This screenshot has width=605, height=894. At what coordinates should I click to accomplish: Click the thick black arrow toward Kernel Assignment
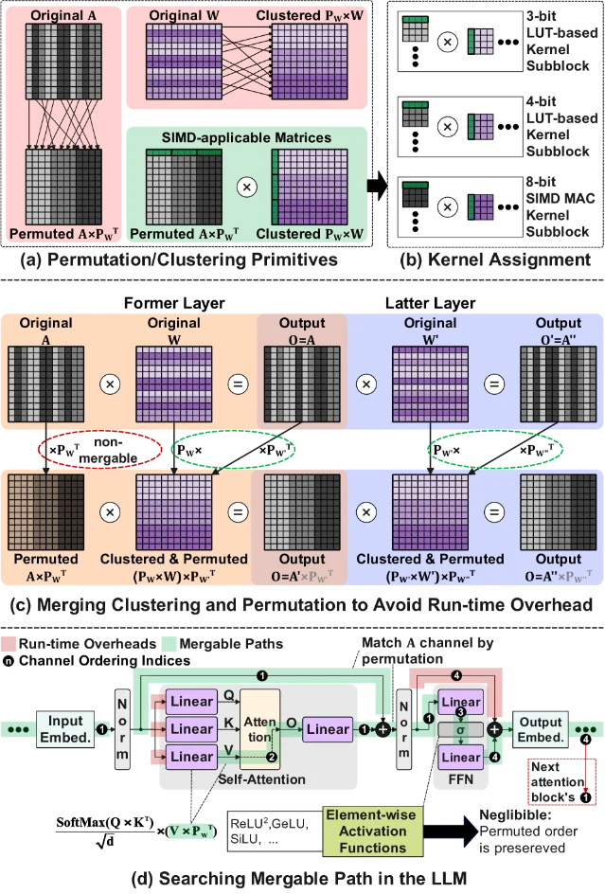[x=377, y=186]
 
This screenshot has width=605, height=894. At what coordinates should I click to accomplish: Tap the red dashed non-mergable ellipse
[x=40, y=450]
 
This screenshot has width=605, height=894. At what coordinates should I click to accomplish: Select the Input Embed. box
[x=65, y=729]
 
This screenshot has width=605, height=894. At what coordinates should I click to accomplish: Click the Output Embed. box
[x=541, y=729]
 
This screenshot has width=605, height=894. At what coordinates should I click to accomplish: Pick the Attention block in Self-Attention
[x=260, y=729]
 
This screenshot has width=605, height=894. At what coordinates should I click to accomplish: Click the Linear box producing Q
[x=191, y=702]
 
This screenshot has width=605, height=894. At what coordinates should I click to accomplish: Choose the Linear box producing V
[x=191, y=757]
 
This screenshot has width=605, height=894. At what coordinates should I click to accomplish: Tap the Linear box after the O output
[x=328, y=729]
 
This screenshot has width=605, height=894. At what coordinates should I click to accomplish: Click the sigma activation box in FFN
[x=460, y=730]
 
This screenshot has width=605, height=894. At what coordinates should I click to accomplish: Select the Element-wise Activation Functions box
[x=373, y=831]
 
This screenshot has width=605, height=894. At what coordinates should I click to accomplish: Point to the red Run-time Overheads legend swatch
[x=8, y=644]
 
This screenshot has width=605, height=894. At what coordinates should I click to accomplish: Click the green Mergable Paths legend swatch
[x=169, y=644]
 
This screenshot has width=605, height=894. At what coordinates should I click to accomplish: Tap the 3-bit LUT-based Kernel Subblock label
[x=561, y=41]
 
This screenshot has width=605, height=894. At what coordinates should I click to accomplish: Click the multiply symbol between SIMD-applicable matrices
[x=246, y=187]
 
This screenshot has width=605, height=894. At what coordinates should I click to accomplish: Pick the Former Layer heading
[x=174, y=303]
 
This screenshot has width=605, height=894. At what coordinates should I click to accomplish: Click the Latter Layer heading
[x=431, y=303]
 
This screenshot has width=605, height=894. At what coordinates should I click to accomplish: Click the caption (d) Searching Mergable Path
[x=298, y=879]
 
